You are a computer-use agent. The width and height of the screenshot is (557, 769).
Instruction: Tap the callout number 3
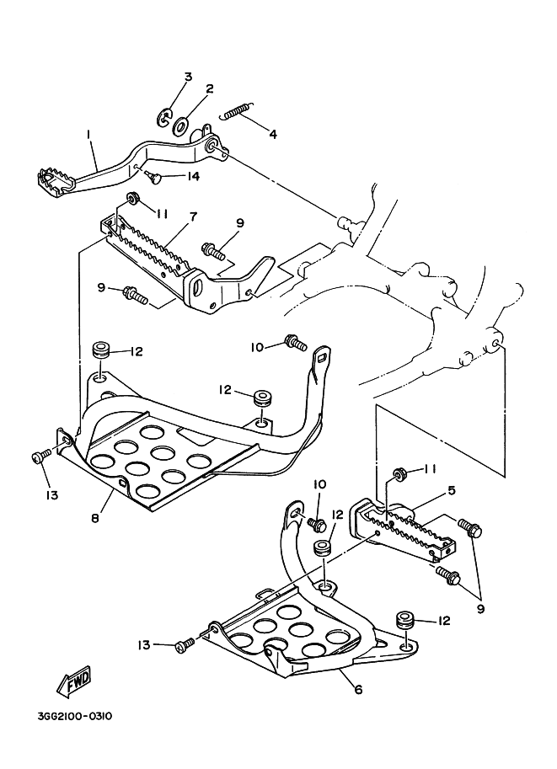(x=187, y=77)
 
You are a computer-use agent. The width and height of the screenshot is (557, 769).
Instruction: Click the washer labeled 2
(x=180, y=126)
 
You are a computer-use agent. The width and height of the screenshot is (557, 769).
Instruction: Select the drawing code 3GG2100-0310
(x=74, y=718)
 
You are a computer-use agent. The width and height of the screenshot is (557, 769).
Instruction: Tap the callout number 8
(x=94, y=518)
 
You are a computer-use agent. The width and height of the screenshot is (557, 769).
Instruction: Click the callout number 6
(x=358, y=689)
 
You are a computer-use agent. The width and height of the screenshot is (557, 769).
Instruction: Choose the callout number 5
(x=452, y=489)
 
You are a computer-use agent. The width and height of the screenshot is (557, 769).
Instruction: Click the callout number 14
(x=192, y=176)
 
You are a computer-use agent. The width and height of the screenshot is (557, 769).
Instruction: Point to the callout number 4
(x=272, y=133)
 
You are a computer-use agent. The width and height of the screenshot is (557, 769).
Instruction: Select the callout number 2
(x=209, y=88)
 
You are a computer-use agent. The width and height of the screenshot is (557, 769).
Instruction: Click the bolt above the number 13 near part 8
(x=39, y=457)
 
